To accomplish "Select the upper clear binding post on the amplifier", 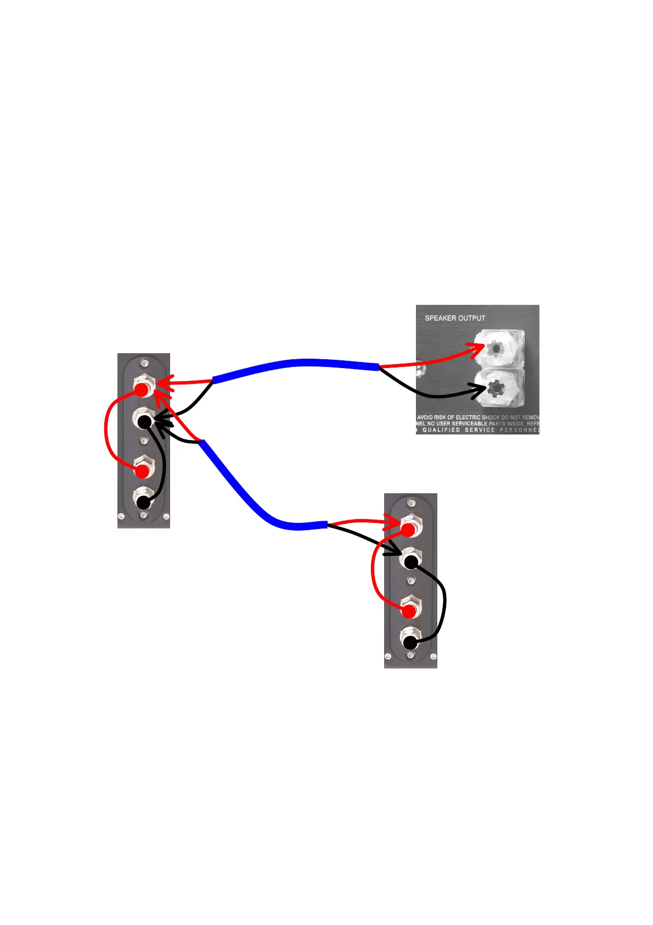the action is click(497, 348).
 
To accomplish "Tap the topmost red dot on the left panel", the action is click(142, 390).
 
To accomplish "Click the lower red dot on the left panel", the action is click(142, 471).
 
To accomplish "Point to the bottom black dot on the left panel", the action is click(143, 502).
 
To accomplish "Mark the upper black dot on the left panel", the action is click(144, 422).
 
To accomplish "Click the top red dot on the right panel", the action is click(408, 530).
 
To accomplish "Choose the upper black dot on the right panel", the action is click(411, 561).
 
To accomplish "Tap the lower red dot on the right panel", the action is click(408, 611).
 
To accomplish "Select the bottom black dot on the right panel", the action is click(410, 643).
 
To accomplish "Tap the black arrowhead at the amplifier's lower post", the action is click(480, 391).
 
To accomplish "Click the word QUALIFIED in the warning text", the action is click(441, 430).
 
